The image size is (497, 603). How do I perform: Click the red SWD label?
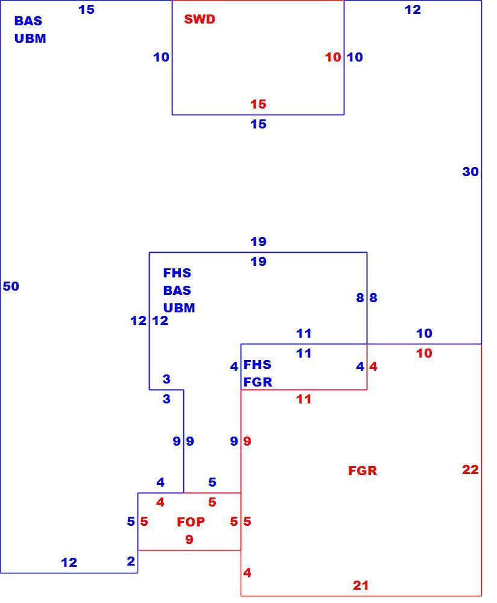click(x=199, y=19)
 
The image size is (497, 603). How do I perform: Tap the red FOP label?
click(x=191, y=522)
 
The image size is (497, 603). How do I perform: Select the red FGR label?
click(x=362, y=471)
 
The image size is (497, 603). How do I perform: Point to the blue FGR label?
click(x=258, y=382)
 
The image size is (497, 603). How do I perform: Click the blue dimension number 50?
click(x=11, y=286)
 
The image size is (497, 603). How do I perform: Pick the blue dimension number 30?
click(x=470, y=171)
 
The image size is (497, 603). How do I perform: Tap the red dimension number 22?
click(x=470, y=470)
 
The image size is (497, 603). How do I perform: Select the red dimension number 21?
click(x=361, y=586)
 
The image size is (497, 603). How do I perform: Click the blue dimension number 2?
click(x=131, y=561)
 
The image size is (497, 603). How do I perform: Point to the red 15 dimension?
click(x=258, y=104)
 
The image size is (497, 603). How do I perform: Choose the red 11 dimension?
click(x=303, y=399)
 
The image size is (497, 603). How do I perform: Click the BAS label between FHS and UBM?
click(x=177, y=291)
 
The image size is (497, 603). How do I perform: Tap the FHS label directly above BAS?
click(x=177, y=273)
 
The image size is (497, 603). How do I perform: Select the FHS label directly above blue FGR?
click(x=258, y=365)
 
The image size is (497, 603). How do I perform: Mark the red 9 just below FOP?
click(x=189, y=540)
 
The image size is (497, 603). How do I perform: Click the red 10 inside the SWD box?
click(x=333, y=57)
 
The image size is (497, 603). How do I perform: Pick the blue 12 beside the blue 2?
click(x=69, y=563)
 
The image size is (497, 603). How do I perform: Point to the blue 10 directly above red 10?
click(x=424, y=333)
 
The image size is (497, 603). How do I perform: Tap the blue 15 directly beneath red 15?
click(x=258, y=124)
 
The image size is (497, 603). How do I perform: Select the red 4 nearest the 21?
click(x=247, y=573)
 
